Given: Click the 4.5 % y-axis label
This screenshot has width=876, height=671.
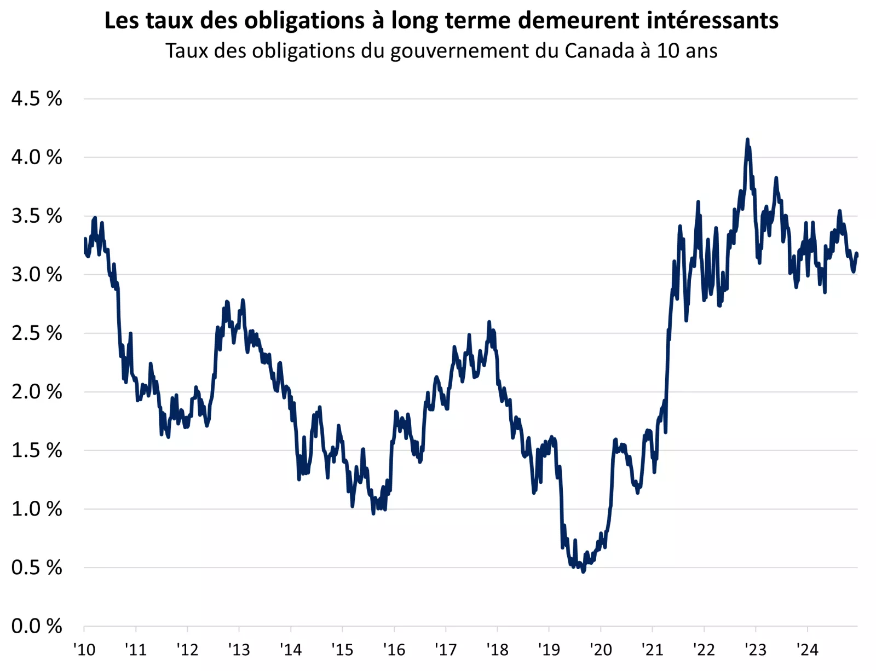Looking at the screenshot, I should click(37, 99).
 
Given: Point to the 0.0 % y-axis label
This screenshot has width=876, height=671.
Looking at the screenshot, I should click(37, 626).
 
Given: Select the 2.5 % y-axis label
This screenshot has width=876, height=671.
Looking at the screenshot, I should click(37, 333).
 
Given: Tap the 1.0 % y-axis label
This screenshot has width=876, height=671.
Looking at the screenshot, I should click(37, 509).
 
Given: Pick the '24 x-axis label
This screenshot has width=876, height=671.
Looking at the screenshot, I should click(807, 650).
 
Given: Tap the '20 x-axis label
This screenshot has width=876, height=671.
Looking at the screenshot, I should click(601, 650).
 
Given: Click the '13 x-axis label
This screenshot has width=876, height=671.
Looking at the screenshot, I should click(239, 650).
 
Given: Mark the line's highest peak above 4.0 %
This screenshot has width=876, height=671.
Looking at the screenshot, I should click(747, 140).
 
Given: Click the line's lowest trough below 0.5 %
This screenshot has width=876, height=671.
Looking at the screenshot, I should click(583, 571).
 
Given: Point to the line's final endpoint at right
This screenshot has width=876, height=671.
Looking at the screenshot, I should click(857, 254).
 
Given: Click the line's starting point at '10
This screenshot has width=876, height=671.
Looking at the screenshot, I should click(85, 239).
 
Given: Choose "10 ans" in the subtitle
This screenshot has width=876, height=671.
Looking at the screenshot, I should click(687, 51).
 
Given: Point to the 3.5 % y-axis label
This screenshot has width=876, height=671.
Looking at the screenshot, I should click(37, 216).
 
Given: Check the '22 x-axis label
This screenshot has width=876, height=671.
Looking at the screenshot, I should click(704, 650).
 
